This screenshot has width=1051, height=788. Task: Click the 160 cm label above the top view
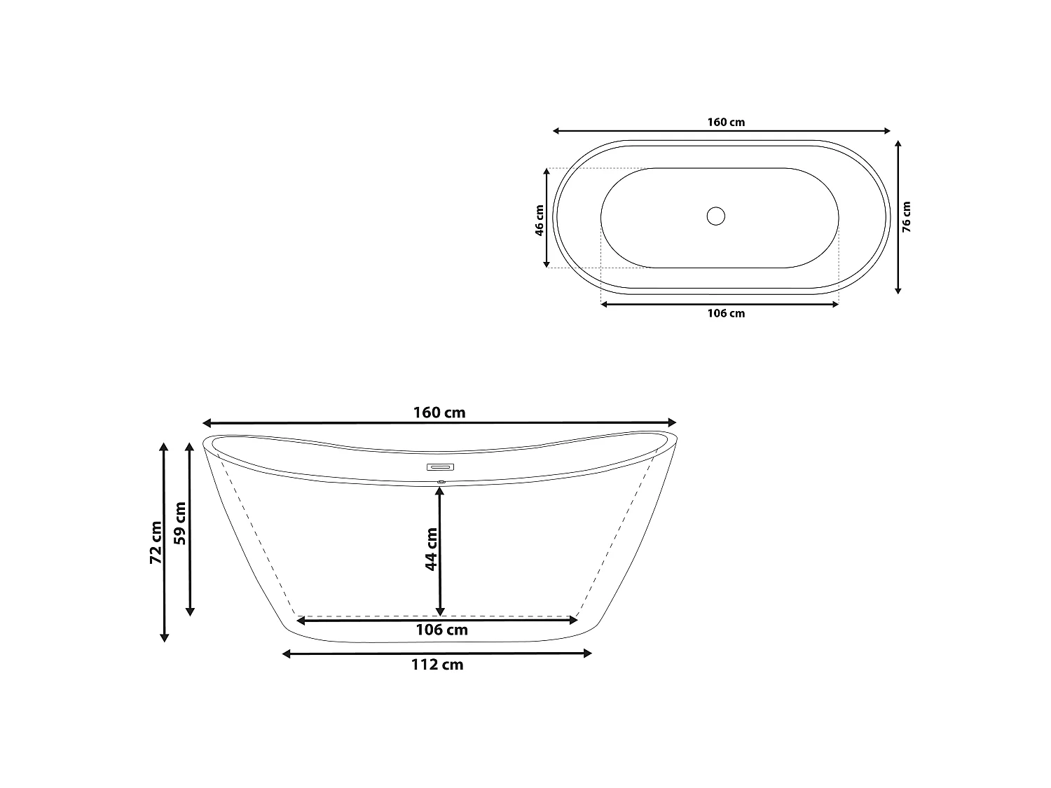726,122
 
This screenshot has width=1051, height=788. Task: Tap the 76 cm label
906,216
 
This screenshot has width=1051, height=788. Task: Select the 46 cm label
539,220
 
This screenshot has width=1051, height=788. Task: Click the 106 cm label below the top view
726,313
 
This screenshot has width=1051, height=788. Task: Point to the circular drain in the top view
716,216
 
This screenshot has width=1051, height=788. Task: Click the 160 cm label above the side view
439,413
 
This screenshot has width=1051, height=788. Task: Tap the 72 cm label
156,542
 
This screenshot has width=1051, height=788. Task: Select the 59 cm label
180,523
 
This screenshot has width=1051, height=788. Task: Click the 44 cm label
431,549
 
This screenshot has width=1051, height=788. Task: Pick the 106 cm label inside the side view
441,630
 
